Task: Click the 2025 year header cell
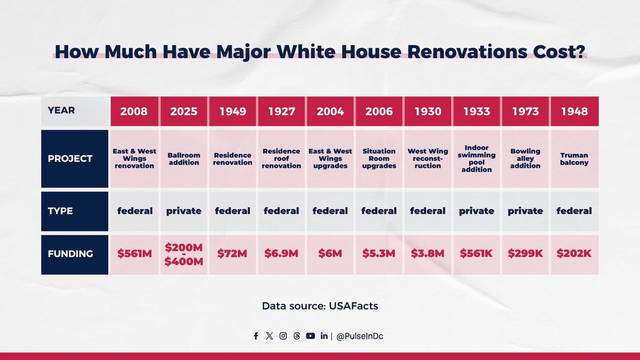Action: click(184, 111)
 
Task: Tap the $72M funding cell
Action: click(232, 254)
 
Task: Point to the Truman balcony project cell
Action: click(574, 159)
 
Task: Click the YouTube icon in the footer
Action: click(310, 336)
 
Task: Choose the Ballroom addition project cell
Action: click(184, 159)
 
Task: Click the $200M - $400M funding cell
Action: click(184, 254)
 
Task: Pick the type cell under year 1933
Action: click(476, 211)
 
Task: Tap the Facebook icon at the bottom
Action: click(256, 336)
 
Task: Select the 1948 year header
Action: click(574, 111)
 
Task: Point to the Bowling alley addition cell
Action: click(525, 159)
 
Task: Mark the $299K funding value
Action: click(525, 254)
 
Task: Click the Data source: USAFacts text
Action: click(320, 306)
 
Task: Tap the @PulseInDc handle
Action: click(360, 336)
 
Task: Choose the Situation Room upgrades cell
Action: click(379, 159)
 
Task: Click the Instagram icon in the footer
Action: click(283, 336)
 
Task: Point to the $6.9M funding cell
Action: click(281, 254)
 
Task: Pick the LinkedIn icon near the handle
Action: click(324, 336)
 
